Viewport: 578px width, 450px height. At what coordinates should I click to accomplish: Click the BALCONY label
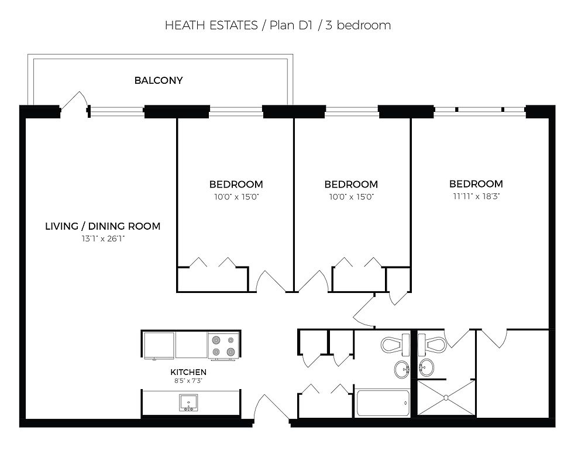(159, 80)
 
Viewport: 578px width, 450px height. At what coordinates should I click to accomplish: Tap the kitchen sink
(188, 403)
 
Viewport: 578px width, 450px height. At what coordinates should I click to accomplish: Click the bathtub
(382, 403)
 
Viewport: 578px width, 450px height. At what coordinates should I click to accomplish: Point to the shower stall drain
(446, 398)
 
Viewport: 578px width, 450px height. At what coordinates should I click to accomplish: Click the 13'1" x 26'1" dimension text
(103, 239)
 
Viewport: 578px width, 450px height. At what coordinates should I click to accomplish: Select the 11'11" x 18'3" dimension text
(476, 196)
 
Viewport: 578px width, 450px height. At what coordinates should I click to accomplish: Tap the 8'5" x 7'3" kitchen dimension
(188, 380)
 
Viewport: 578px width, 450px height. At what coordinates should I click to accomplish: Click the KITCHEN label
(188, 372)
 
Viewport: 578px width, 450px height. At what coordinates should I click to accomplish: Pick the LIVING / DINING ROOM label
(103, 226)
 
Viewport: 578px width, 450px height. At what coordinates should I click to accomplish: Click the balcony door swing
(74, 100)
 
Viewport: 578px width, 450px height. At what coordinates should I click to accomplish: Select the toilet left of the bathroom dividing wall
(395, 345)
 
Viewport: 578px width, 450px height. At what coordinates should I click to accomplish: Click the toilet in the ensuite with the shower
(432, 345)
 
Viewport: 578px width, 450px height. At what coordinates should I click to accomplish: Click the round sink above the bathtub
(401, 369)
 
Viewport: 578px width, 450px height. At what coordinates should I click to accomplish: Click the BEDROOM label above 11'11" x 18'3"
(476, 184)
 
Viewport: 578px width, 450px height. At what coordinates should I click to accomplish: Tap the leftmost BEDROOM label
(236, 184)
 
